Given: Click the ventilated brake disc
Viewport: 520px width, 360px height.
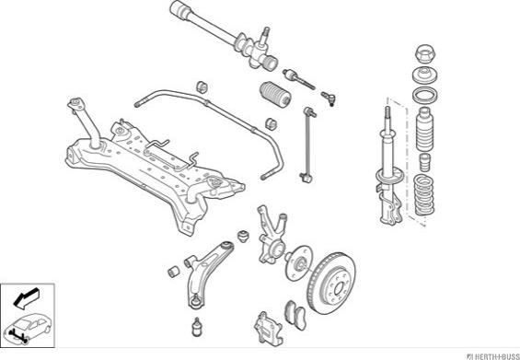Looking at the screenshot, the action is [x=331, y=283].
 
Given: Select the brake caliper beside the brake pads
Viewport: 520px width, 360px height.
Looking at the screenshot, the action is [x=269, y=330].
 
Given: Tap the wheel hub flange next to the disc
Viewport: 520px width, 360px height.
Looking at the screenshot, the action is [x=298, y=263].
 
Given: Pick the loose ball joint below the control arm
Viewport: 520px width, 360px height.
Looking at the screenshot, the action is [x=197, y=327].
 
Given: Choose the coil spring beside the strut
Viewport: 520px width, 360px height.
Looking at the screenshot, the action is [x=423, y=195].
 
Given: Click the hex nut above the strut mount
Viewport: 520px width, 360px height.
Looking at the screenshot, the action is [x=425, y=53].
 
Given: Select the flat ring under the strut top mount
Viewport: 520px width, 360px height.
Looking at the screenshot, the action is [x=425, y=95].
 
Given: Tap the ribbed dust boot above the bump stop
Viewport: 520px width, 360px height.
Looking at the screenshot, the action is [x=424, y=129].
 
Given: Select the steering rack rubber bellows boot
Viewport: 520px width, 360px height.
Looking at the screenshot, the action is [x=275, y=94].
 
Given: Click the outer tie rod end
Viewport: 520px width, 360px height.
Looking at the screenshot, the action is [x=329, y=99].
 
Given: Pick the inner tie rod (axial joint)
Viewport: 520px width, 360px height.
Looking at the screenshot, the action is [x=298, y=79].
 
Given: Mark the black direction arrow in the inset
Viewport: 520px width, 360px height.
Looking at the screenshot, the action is [x=27, y=298].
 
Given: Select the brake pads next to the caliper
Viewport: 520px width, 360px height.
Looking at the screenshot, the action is [x=295, y=315].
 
